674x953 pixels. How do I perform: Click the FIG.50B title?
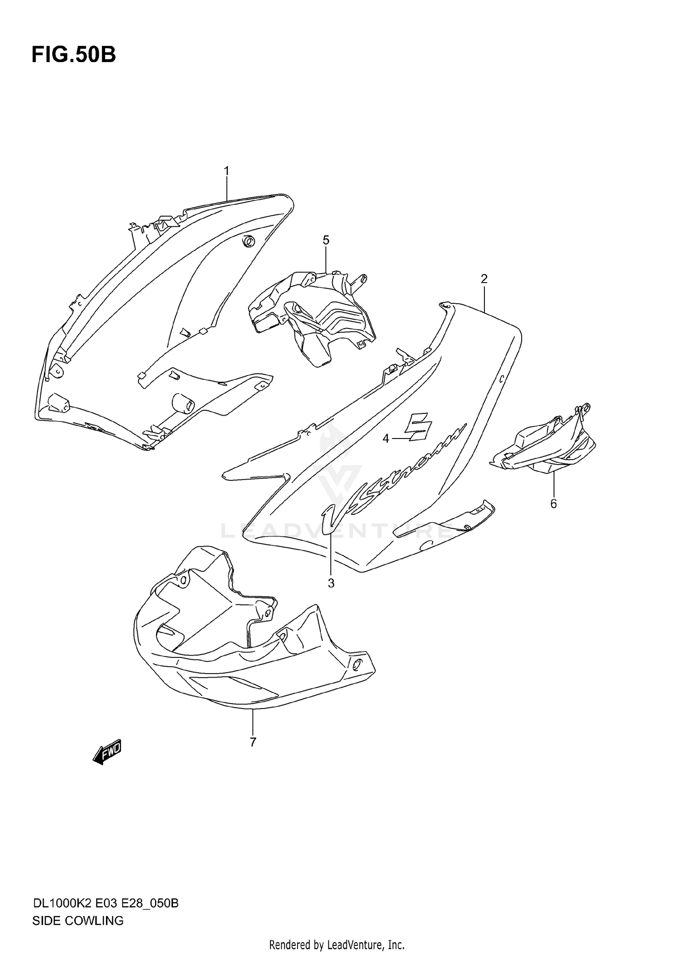click(x=73, y=55)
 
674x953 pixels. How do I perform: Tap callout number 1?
click(x=227, y=171)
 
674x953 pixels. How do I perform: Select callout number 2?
click(x=484, y=279)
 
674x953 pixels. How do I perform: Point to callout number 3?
click(x=331, y=583)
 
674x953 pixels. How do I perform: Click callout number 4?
click(x=386, y=438)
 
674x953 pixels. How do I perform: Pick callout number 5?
click(x=326, y=240)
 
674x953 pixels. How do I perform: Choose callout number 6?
click(x=553, y=504)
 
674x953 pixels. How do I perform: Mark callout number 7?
click(x=253, y=742)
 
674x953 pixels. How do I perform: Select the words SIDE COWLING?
click(x=78, y=921)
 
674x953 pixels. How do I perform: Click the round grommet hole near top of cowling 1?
click(x=248, y=242)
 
